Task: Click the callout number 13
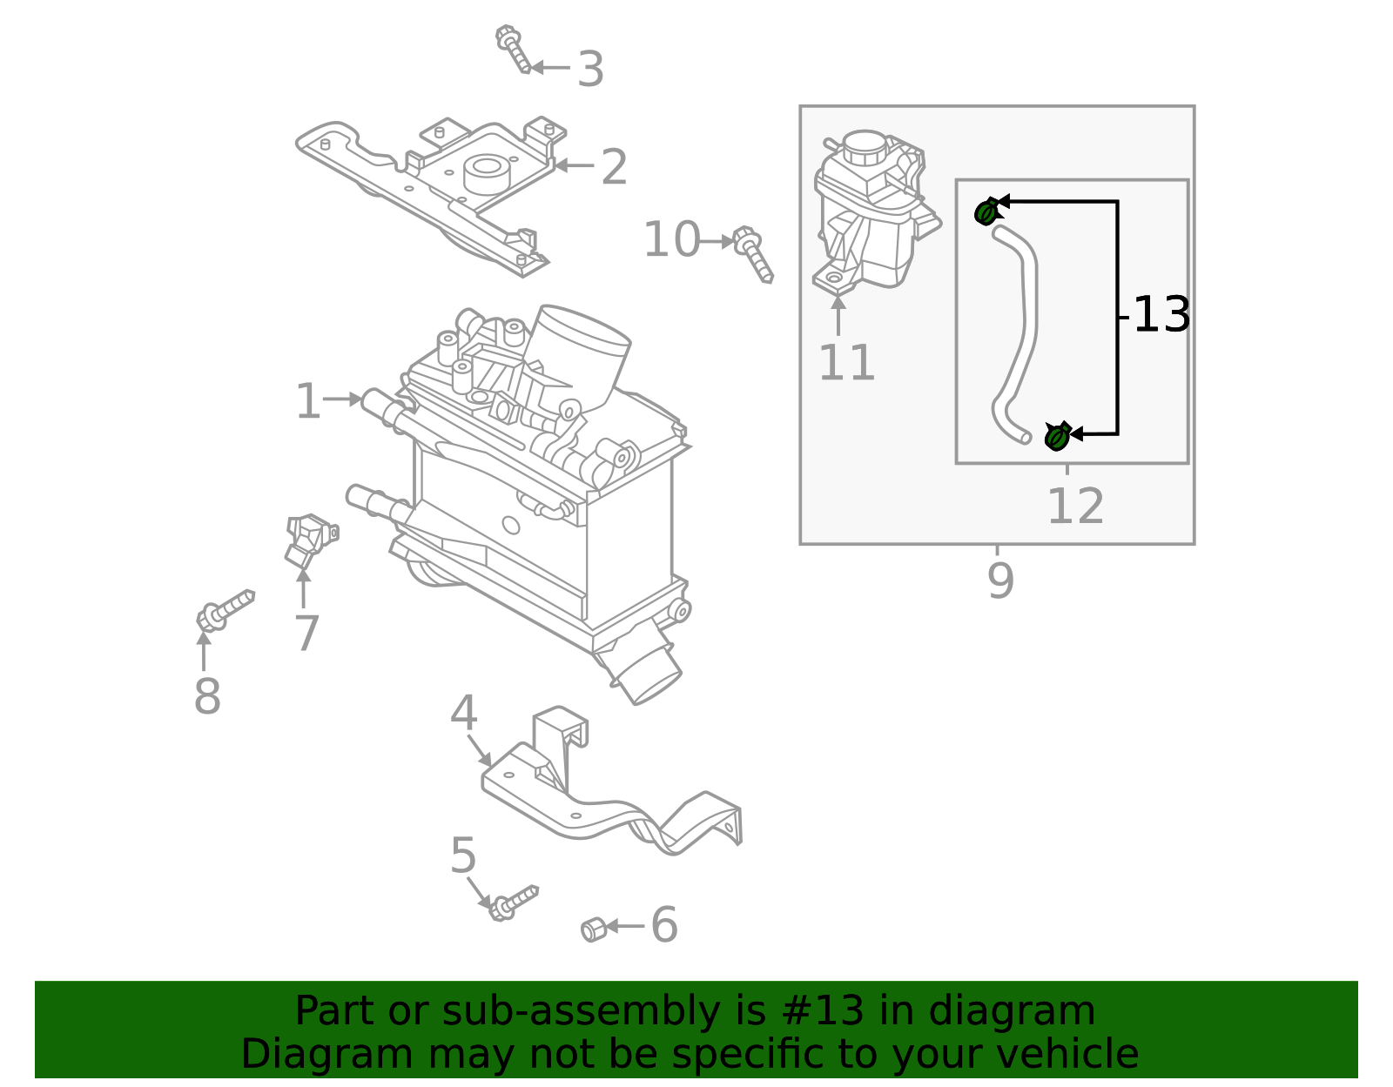[1161, 315]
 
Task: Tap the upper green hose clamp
[986, 211]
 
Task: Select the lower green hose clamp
[1056, 436]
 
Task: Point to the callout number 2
[614, 167]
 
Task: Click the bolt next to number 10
[753, 253]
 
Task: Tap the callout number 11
[846, 364]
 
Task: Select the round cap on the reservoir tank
[865, 147]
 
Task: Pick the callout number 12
[1075, 507]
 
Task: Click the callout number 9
[1000, 581]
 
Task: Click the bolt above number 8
[225, 608]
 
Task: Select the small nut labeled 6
[593, 929]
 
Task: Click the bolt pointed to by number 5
[514, 902]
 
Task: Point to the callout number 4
[463, 715]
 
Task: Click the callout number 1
[308, 402]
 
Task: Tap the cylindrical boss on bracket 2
[485, 172]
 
